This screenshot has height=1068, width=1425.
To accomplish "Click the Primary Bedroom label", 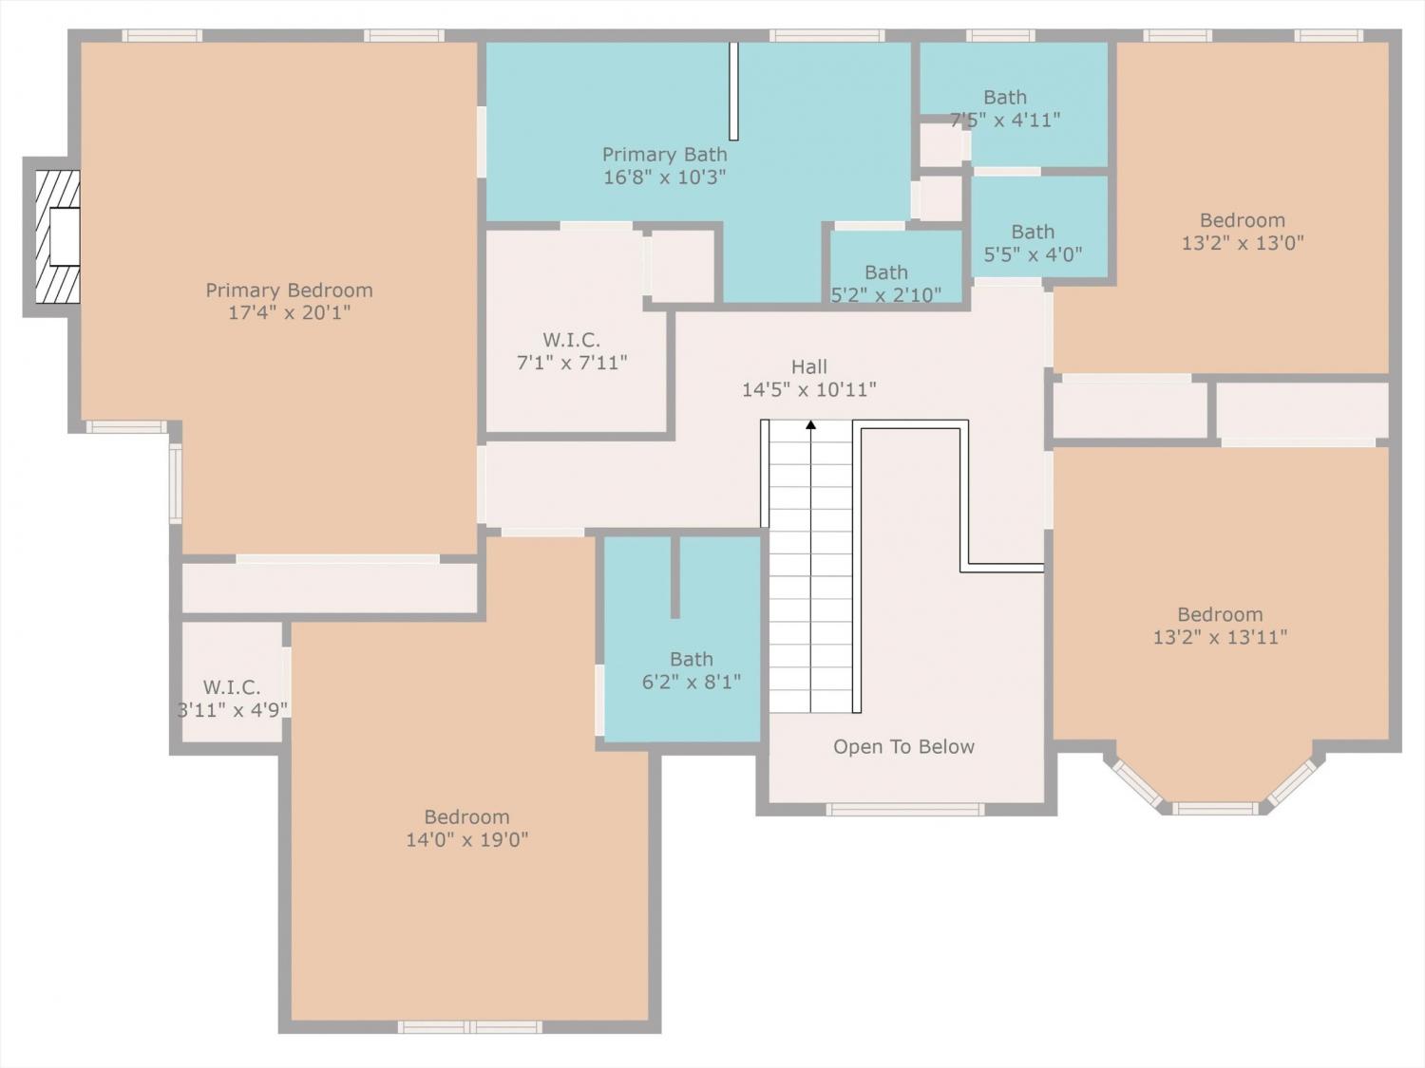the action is (x=289, y=290).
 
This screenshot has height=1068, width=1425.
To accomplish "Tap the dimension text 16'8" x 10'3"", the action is (x=664, y=177).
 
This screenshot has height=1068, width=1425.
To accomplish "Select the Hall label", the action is (x=808, y=366).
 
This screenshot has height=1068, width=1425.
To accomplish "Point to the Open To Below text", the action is (x=903, y=746).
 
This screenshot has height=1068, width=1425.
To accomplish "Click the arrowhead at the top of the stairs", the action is (x=811, y=424).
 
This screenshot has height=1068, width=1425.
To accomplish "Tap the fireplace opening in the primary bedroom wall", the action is (x=65, y=236).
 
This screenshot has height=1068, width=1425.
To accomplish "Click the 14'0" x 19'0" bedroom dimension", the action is (x=466, y=840).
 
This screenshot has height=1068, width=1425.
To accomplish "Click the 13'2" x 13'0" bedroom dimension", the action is (x=1242, y=243).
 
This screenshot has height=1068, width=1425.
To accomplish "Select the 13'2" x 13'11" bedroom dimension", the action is (x=1220, y=637).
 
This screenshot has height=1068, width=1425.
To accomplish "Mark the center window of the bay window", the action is (x=1215, y=808).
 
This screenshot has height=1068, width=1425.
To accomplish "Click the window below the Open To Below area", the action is (x=905, y=809).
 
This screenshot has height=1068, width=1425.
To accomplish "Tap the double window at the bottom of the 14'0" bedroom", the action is (x=469, y=1027).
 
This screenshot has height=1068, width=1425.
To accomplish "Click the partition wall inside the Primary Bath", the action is (x=733, y=91).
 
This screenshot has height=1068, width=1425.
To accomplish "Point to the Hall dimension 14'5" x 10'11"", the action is (x=808, y=390).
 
